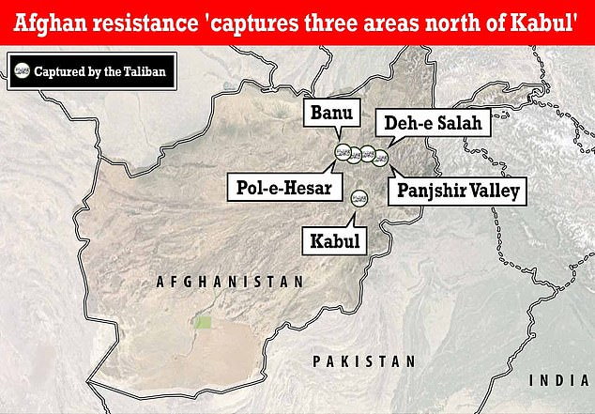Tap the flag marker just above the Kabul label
pos(359,199)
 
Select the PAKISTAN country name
pos(364,361)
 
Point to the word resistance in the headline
pos(141,21)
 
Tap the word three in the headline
pos(310,21)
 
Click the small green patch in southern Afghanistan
pos(203,323)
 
